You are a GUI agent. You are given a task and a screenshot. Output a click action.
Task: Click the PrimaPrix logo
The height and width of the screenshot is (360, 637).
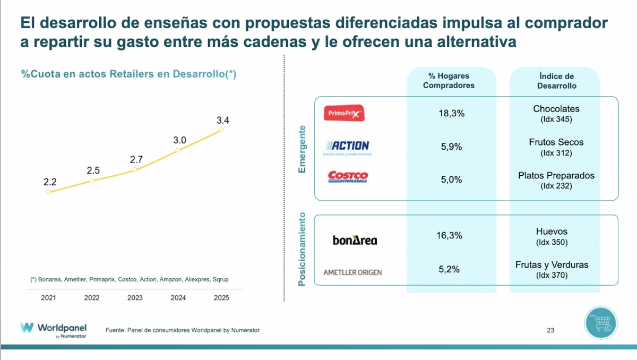click(345, 113)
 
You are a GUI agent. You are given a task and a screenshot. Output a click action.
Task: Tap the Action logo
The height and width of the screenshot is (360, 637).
click(347, 147)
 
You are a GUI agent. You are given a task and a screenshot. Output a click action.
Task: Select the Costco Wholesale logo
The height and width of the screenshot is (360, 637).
click(348, 176)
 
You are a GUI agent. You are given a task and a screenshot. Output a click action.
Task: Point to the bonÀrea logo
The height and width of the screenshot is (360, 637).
click(355, 241)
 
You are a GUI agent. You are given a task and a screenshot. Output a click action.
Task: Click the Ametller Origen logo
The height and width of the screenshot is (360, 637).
click(352, 272)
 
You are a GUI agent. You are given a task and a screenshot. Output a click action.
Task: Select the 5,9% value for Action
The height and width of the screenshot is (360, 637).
click(451, 147)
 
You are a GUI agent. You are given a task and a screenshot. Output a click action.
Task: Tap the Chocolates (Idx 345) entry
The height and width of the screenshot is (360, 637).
click(556, 114)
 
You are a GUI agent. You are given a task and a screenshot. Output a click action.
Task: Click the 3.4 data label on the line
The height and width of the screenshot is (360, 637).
click(222, 121)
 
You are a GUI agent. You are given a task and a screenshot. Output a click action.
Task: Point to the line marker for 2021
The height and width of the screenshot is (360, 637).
click(48, 192)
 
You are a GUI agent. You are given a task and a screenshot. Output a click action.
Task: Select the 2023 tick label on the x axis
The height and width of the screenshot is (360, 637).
click(135, 298)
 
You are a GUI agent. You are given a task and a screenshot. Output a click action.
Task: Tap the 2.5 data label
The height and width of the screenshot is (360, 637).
click(93, 170)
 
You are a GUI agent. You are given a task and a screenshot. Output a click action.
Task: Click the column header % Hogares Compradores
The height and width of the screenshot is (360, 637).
click(449, 81)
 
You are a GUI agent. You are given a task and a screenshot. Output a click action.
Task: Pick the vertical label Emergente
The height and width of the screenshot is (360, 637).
click(303, 149)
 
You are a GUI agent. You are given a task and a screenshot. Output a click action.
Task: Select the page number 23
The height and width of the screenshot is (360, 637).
click(550, 330)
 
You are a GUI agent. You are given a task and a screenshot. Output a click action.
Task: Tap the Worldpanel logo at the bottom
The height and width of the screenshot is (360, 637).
click(54, 329)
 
